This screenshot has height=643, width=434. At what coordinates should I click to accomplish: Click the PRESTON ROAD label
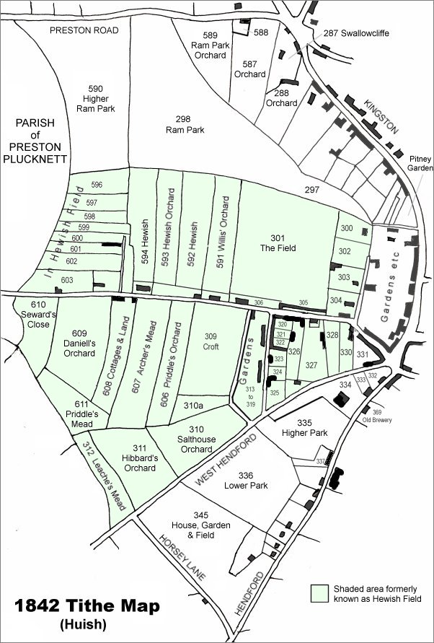point(84,30)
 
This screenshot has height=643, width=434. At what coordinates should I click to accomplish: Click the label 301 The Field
point(278,243)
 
